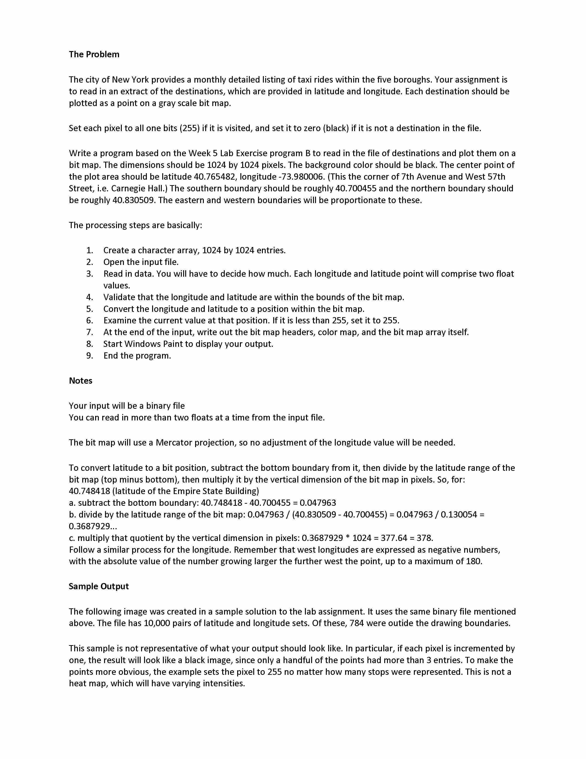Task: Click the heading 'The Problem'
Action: tap(94, 54)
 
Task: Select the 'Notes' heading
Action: tap(80, 381)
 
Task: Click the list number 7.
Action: tap(90, 332)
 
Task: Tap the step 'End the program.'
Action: tap(137, 356)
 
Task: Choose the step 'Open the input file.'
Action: tap(141, 262)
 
